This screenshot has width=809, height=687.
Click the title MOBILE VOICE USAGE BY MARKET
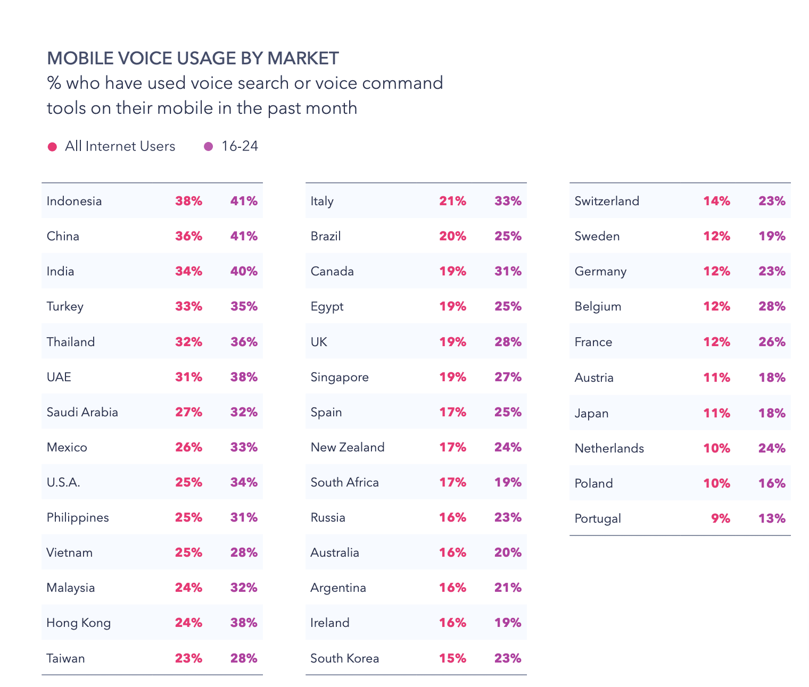pyautogui.click(x=193, y=58)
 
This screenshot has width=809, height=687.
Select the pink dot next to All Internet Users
pyautogui.click(x=52, y=147)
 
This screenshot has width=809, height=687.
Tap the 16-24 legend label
pyautogui.click(x=240, y=146)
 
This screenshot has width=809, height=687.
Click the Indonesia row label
pyautogui.click(x=74, y=201)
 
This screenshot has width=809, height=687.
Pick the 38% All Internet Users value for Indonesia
pyautogui.click(x=188, y=201)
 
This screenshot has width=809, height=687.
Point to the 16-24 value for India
pyautogui.click(x=244, y=271)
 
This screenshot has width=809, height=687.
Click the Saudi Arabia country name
pyautogui.click(x=82, y=412)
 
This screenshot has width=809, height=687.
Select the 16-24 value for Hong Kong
pyautogui.click(x=244, y=623)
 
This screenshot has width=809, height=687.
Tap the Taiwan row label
pyautogui.click(x=65, y=658)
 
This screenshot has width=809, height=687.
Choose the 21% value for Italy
pyautogui.click(x=452, y=201)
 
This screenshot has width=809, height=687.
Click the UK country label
pyautogui.click(x=319, y=342)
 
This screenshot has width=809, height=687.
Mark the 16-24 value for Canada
pyautogui.click(x=508, y=271)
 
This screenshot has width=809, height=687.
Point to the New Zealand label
pyautogui.click(x=347, y=447)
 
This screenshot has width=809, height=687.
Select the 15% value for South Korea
pyautogui.click(x=452, y=658)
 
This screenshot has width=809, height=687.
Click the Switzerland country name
pyautogui.click(x=607, y=201)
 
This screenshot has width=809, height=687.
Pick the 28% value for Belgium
pyautogui.click(x=772, y=306)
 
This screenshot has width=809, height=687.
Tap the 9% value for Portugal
pyautogui.click(x=721, y=518)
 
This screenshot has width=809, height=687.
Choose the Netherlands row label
pyautogui.click(x=609, y=448)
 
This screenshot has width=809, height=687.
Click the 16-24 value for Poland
pyautogui.click(x=772, y=483)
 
